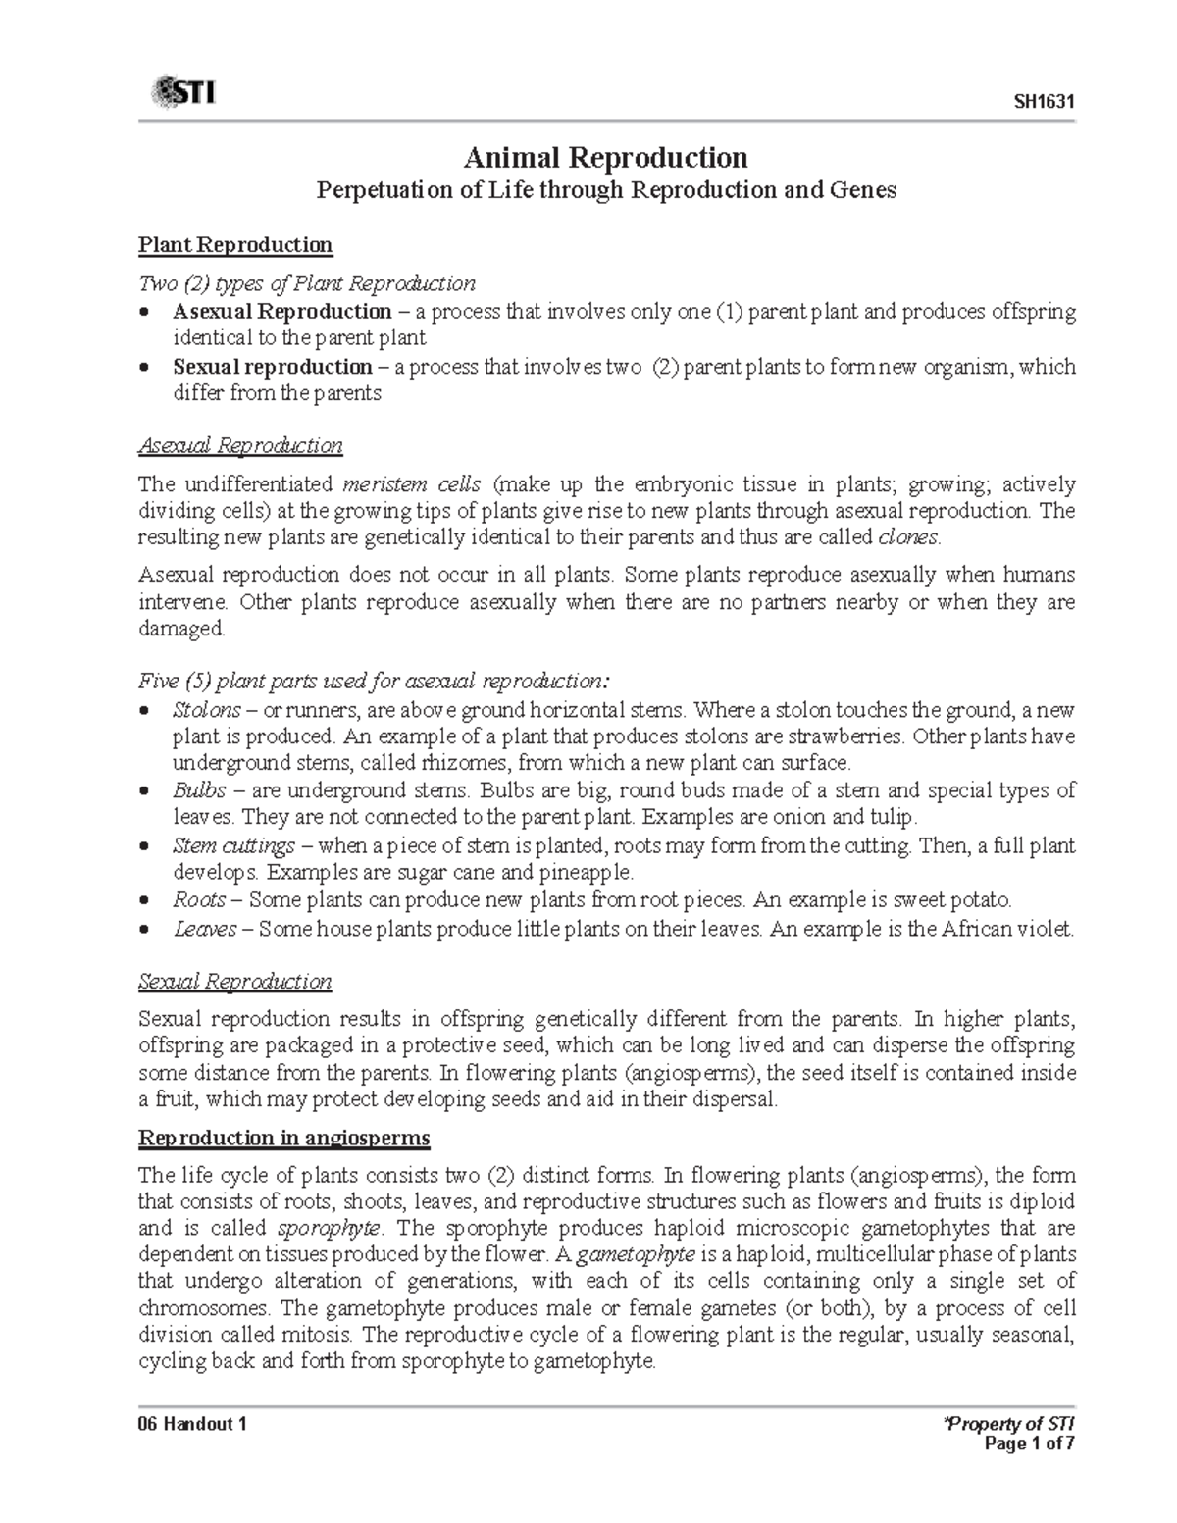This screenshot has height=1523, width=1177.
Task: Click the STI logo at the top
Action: click(183, 94)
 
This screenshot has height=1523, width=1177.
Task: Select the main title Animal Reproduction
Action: click(605, 157)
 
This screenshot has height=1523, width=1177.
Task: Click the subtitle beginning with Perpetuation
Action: click(605, 190)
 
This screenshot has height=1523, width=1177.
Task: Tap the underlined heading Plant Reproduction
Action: click(235, 244)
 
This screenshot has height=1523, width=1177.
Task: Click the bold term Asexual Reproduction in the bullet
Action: click(282, 312)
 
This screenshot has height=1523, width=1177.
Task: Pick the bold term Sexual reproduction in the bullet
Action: click(272, 367)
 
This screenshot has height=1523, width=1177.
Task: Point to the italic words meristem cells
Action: click(412, 484)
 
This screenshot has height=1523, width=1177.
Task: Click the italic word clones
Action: click(908, 537)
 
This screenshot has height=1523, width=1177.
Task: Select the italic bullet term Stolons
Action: click(206, 709)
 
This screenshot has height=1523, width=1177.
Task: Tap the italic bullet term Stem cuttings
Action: click(233, 845)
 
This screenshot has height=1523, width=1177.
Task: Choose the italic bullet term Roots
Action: click(199, 899)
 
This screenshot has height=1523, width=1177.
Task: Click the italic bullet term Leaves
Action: click(204, 929)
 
